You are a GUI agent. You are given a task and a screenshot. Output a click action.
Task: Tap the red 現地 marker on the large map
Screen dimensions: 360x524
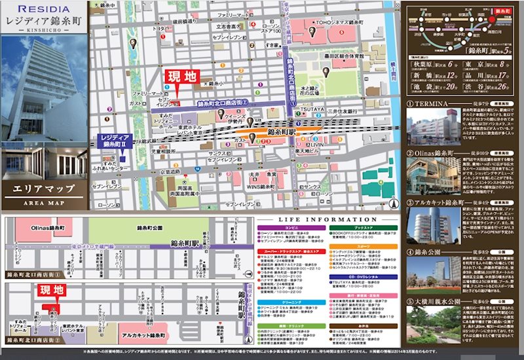pos(181,77)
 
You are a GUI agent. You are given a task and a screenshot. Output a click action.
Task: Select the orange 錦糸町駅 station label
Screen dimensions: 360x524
pos(282,132)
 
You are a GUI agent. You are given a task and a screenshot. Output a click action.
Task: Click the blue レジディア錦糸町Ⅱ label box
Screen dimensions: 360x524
pos(112,141)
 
